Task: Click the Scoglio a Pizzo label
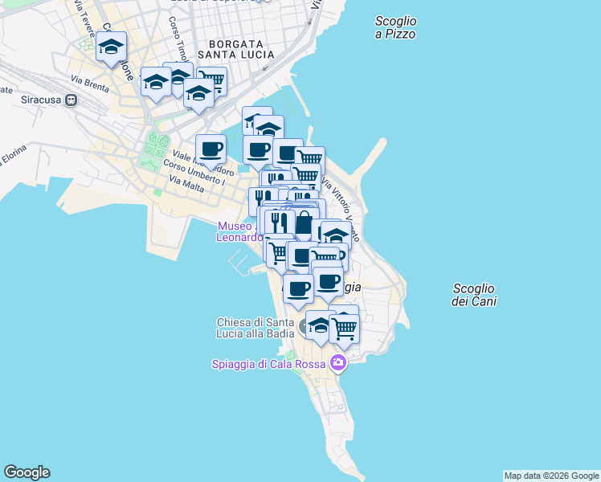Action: (x=395, y=27)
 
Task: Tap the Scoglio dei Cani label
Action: (x=474, y=295)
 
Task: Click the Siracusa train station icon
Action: (x=71, y=100)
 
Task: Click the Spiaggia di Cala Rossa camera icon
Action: (x=338, y=364)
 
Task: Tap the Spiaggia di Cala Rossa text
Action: (x=268, y=364)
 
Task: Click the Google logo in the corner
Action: (x=27, y=472)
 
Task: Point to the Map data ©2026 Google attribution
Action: (x=551, y=476)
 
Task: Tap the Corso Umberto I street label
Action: (x=194, y=172)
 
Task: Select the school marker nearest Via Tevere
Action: (x=112, y=47)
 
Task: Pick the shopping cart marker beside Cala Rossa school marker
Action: (x=344, y=326)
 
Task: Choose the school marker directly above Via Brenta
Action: (x=155, y=80)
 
